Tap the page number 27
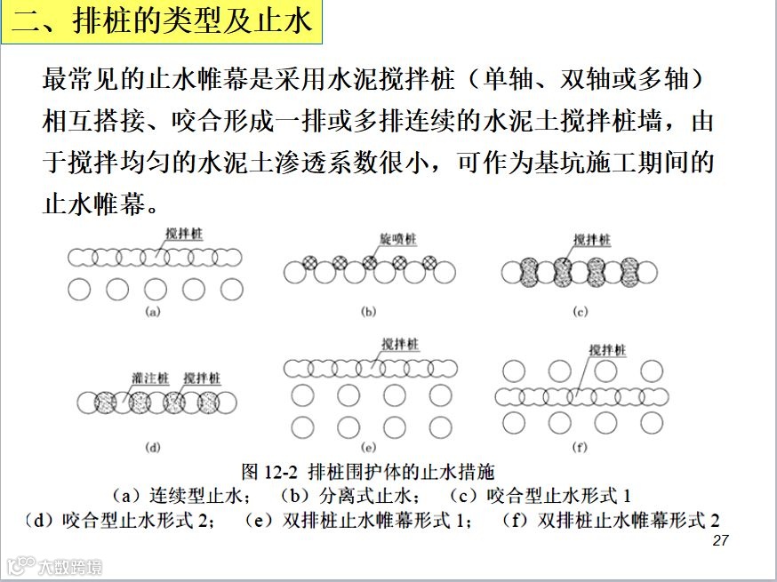[x=721, y=540]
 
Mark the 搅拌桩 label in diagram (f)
[x=607, y=350]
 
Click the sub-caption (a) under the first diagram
[x=153, y=311]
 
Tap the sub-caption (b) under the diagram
[x=368, y=311]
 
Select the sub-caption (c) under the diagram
[x=581, y=311]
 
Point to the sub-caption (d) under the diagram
[x=152, y=447]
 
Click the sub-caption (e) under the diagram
[x=368, y=447]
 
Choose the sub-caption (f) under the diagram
[x=581, y=447]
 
